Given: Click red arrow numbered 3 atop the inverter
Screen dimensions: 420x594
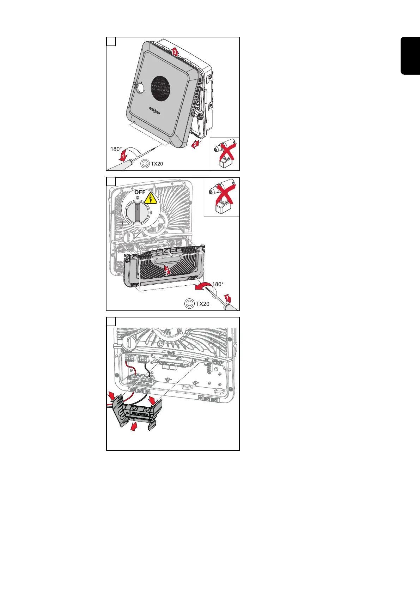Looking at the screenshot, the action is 175,52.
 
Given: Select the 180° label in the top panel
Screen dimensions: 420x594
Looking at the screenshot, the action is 116,149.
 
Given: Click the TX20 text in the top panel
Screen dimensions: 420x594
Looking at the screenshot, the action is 157,164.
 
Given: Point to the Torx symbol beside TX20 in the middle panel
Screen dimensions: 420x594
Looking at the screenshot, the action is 190,303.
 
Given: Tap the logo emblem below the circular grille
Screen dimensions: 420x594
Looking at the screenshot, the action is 154,110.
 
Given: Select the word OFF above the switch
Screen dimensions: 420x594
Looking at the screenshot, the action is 140,192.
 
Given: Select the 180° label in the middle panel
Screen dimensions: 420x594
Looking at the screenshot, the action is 218,284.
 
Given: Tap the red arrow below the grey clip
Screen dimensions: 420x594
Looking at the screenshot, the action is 134,427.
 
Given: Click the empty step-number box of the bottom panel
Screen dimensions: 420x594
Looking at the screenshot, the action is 111,322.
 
